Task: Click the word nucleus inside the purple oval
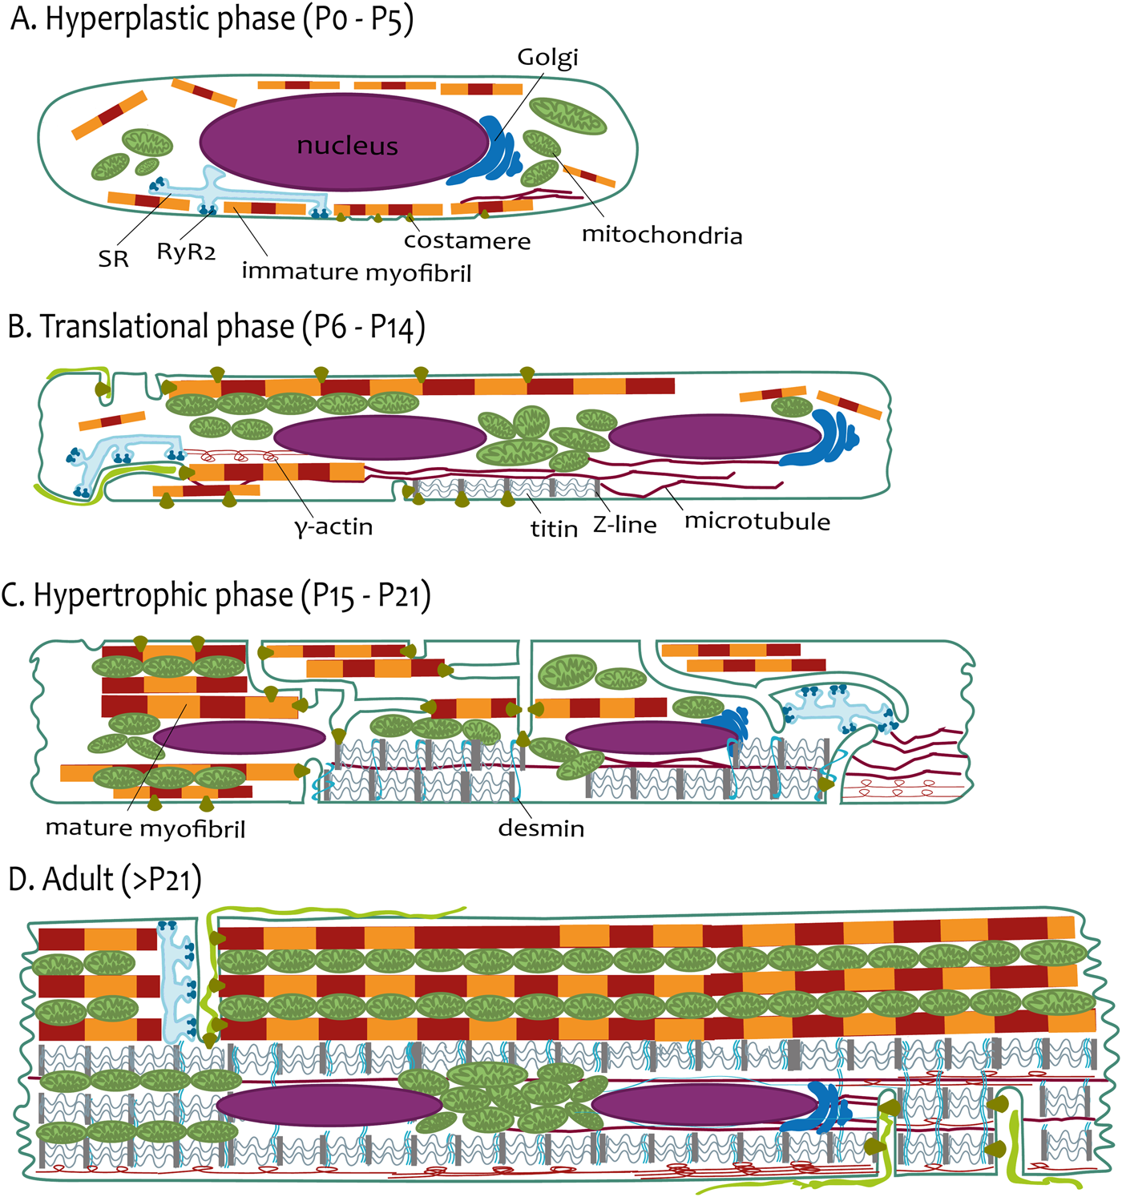[x=347, y=146]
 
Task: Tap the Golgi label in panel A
[x=547, y=58]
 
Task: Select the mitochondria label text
[x=662, y=236]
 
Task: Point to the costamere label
[x=467, y=241]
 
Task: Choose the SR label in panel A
[x=114, y=259]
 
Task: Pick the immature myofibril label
[x=357, y=272]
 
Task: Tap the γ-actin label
[x=334, y=527]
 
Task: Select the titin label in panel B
[x=554, y=529]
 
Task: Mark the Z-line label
[x=625, y=526]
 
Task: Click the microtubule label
[x=757, y=522]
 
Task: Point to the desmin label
[x=541, y=828]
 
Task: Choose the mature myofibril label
[x=145, y=828]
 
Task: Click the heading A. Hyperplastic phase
[x=212, y=19]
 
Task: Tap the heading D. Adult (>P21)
[x=104, y=879]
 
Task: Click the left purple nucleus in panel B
[x=380, y=437]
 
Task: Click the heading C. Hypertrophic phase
[x=216, y=596]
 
